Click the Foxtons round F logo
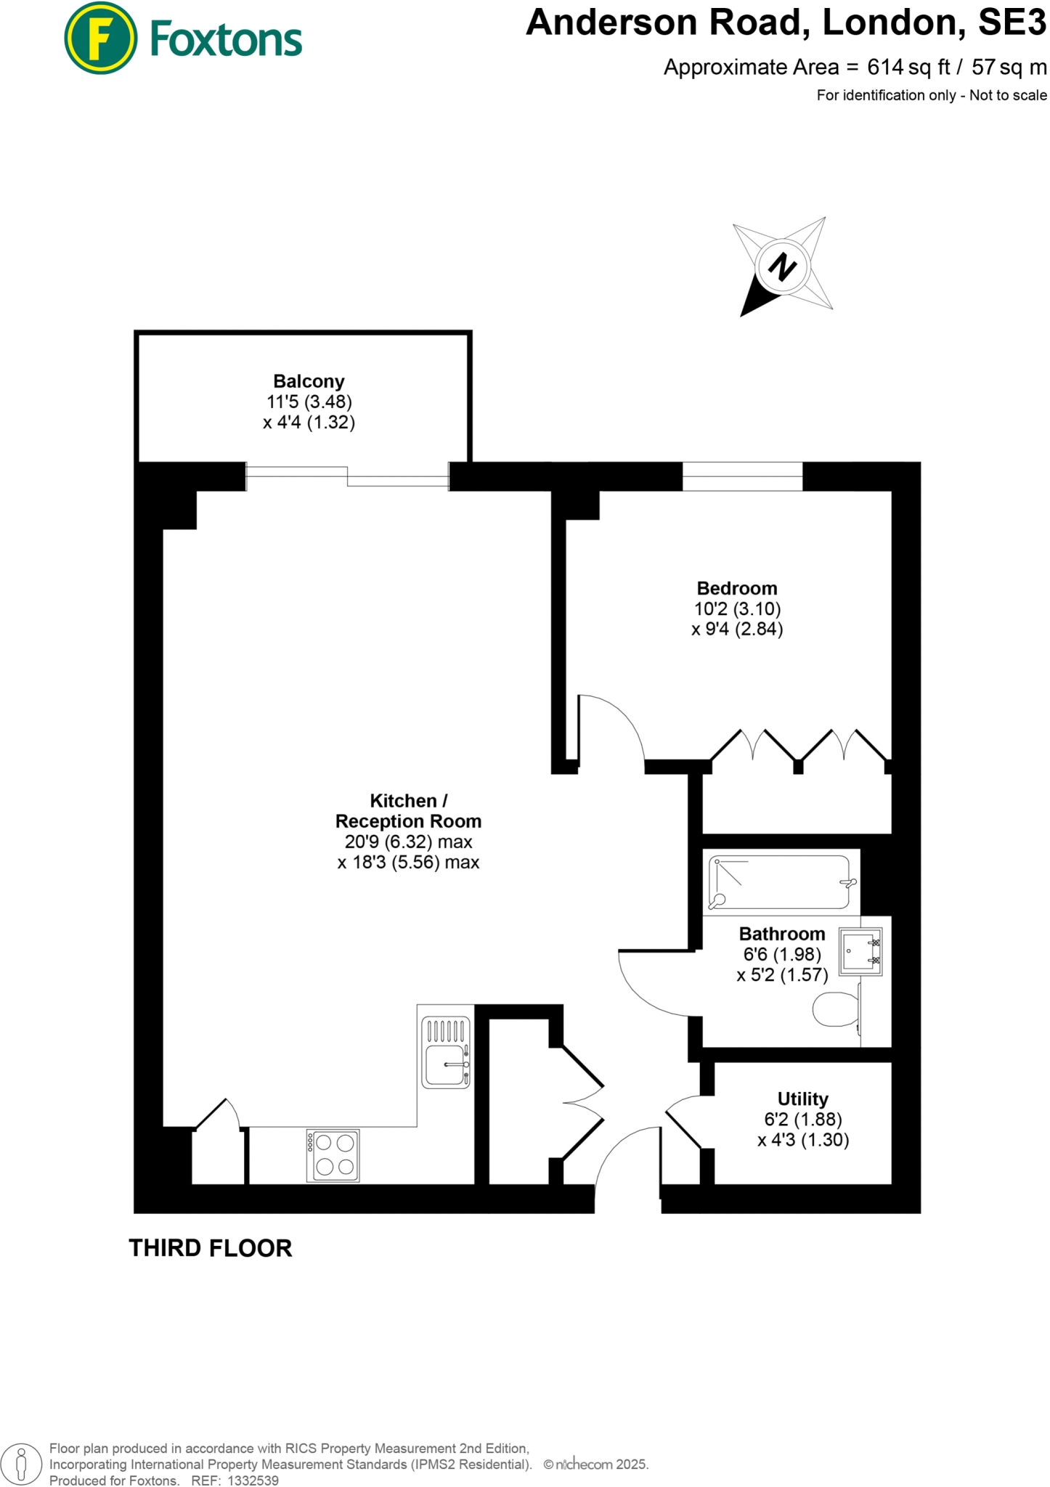100,38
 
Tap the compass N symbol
781,266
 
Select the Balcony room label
309,381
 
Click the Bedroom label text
736,588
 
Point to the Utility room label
802,1099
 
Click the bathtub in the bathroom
779,882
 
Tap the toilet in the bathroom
836,1009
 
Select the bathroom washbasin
861,950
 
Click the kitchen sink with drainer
446,1051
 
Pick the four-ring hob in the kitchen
333,1155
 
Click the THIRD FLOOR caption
211,1248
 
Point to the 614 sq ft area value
908,68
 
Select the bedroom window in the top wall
742,476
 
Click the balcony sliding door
347,476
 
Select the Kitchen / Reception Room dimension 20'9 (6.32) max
408,842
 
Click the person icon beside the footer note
22,1463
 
